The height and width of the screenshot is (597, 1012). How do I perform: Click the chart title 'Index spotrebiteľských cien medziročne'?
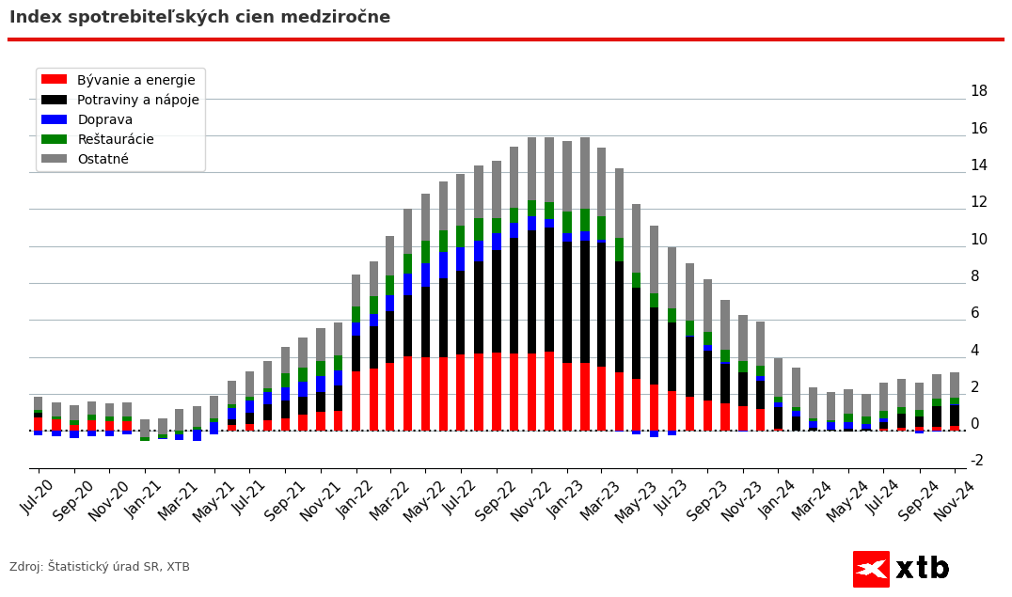coord(199,18)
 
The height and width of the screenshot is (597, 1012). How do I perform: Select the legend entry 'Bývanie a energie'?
coord(135,80)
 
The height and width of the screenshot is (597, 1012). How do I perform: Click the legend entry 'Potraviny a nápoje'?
coord(137,100)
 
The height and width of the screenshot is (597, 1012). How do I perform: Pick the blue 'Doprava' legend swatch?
coord(54,119)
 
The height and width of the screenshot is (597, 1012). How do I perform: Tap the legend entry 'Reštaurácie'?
coord(115,139)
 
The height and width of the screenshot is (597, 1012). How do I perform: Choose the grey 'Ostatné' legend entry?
coord(103,159)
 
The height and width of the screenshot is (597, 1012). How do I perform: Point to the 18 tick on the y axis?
coord(978,91)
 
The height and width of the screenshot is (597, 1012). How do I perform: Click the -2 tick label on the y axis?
coord(976,461)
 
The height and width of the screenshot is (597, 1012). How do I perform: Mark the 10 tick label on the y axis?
coord(978,239)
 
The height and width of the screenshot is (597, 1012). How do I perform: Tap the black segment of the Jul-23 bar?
coord(690,366)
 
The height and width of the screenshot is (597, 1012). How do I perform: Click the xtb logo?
coord(901,569)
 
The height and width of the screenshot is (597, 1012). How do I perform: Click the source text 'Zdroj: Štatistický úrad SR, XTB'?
coord(100,567)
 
